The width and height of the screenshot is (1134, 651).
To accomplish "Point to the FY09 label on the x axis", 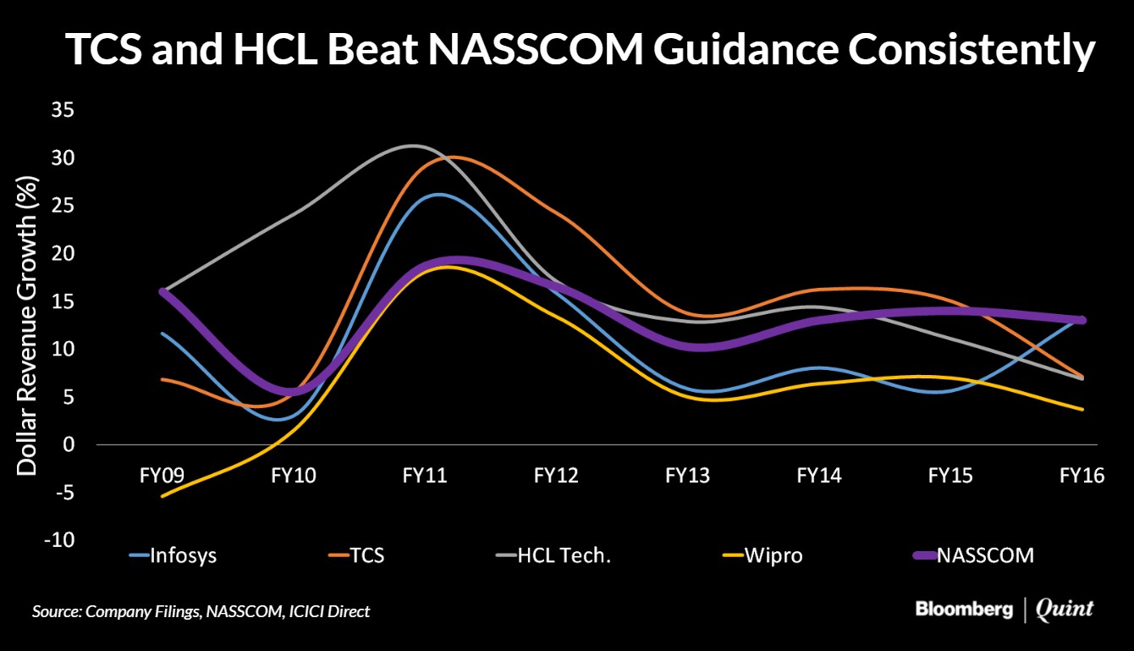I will [x=162, y=476].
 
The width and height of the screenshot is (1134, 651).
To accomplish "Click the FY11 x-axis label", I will [x=424, y=476].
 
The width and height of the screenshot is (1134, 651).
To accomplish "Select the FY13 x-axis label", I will [x=687, y=476].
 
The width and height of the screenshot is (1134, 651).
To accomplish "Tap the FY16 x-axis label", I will [x=1082, y=476].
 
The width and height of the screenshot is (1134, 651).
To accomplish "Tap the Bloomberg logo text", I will [x=964, y=610].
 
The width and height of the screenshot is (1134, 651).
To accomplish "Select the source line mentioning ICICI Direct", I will [x=201, y=611].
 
